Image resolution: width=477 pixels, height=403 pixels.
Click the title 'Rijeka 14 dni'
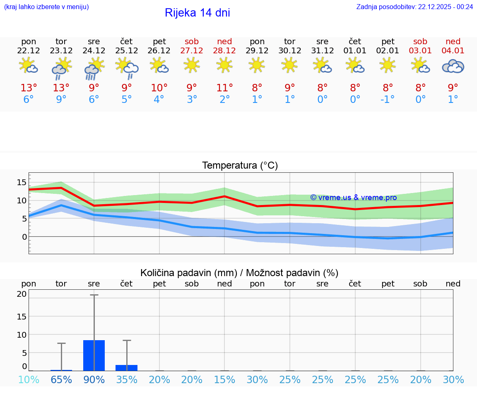197,13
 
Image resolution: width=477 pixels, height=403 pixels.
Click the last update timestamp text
414,7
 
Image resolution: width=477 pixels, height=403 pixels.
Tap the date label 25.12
127,51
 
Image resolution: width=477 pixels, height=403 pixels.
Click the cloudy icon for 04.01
453,67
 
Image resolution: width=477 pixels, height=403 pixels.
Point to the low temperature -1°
388,100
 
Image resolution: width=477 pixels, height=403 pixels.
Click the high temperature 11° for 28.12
224,88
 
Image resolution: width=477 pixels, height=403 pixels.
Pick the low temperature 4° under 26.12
159,100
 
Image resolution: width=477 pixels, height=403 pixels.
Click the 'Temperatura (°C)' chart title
240,166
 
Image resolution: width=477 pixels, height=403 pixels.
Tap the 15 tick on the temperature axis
22,182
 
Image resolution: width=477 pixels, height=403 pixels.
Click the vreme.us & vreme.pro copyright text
353,198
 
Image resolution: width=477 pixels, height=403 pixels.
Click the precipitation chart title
239,273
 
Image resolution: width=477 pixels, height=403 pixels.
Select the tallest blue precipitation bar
94,355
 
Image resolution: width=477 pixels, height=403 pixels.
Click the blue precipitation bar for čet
127,368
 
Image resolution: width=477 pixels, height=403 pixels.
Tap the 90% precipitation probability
94,380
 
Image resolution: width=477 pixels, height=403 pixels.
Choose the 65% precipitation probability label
61,380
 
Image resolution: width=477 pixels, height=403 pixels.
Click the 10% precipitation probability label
29,380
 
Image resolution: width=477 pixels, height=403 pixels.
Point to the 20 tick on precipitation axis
22,294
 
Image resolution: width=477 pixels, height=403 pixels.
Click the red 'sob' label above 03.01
420,41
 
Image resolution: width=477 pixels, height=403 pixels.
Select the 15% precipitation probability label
224,380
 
